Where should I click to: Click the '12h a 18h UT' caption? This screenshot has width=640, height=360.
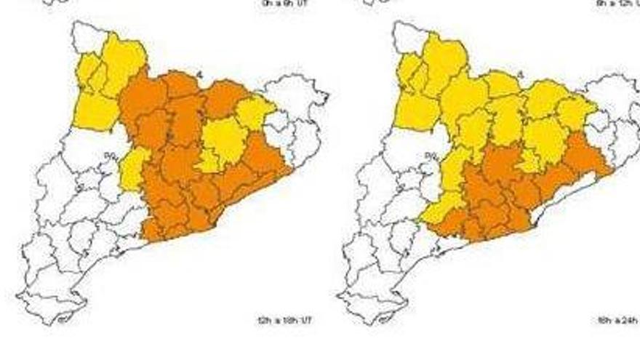(284, 320)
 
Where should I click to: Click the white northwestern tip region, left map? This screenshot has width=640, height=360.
(88, 36)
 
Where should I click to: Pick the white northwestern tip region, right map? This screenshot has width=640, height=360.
(409, 36)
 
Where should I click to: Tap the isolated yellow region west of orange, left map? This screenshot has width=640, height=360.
(132, 167)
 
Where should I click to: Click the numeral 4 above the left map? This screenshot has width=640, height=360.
(198, 73)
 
